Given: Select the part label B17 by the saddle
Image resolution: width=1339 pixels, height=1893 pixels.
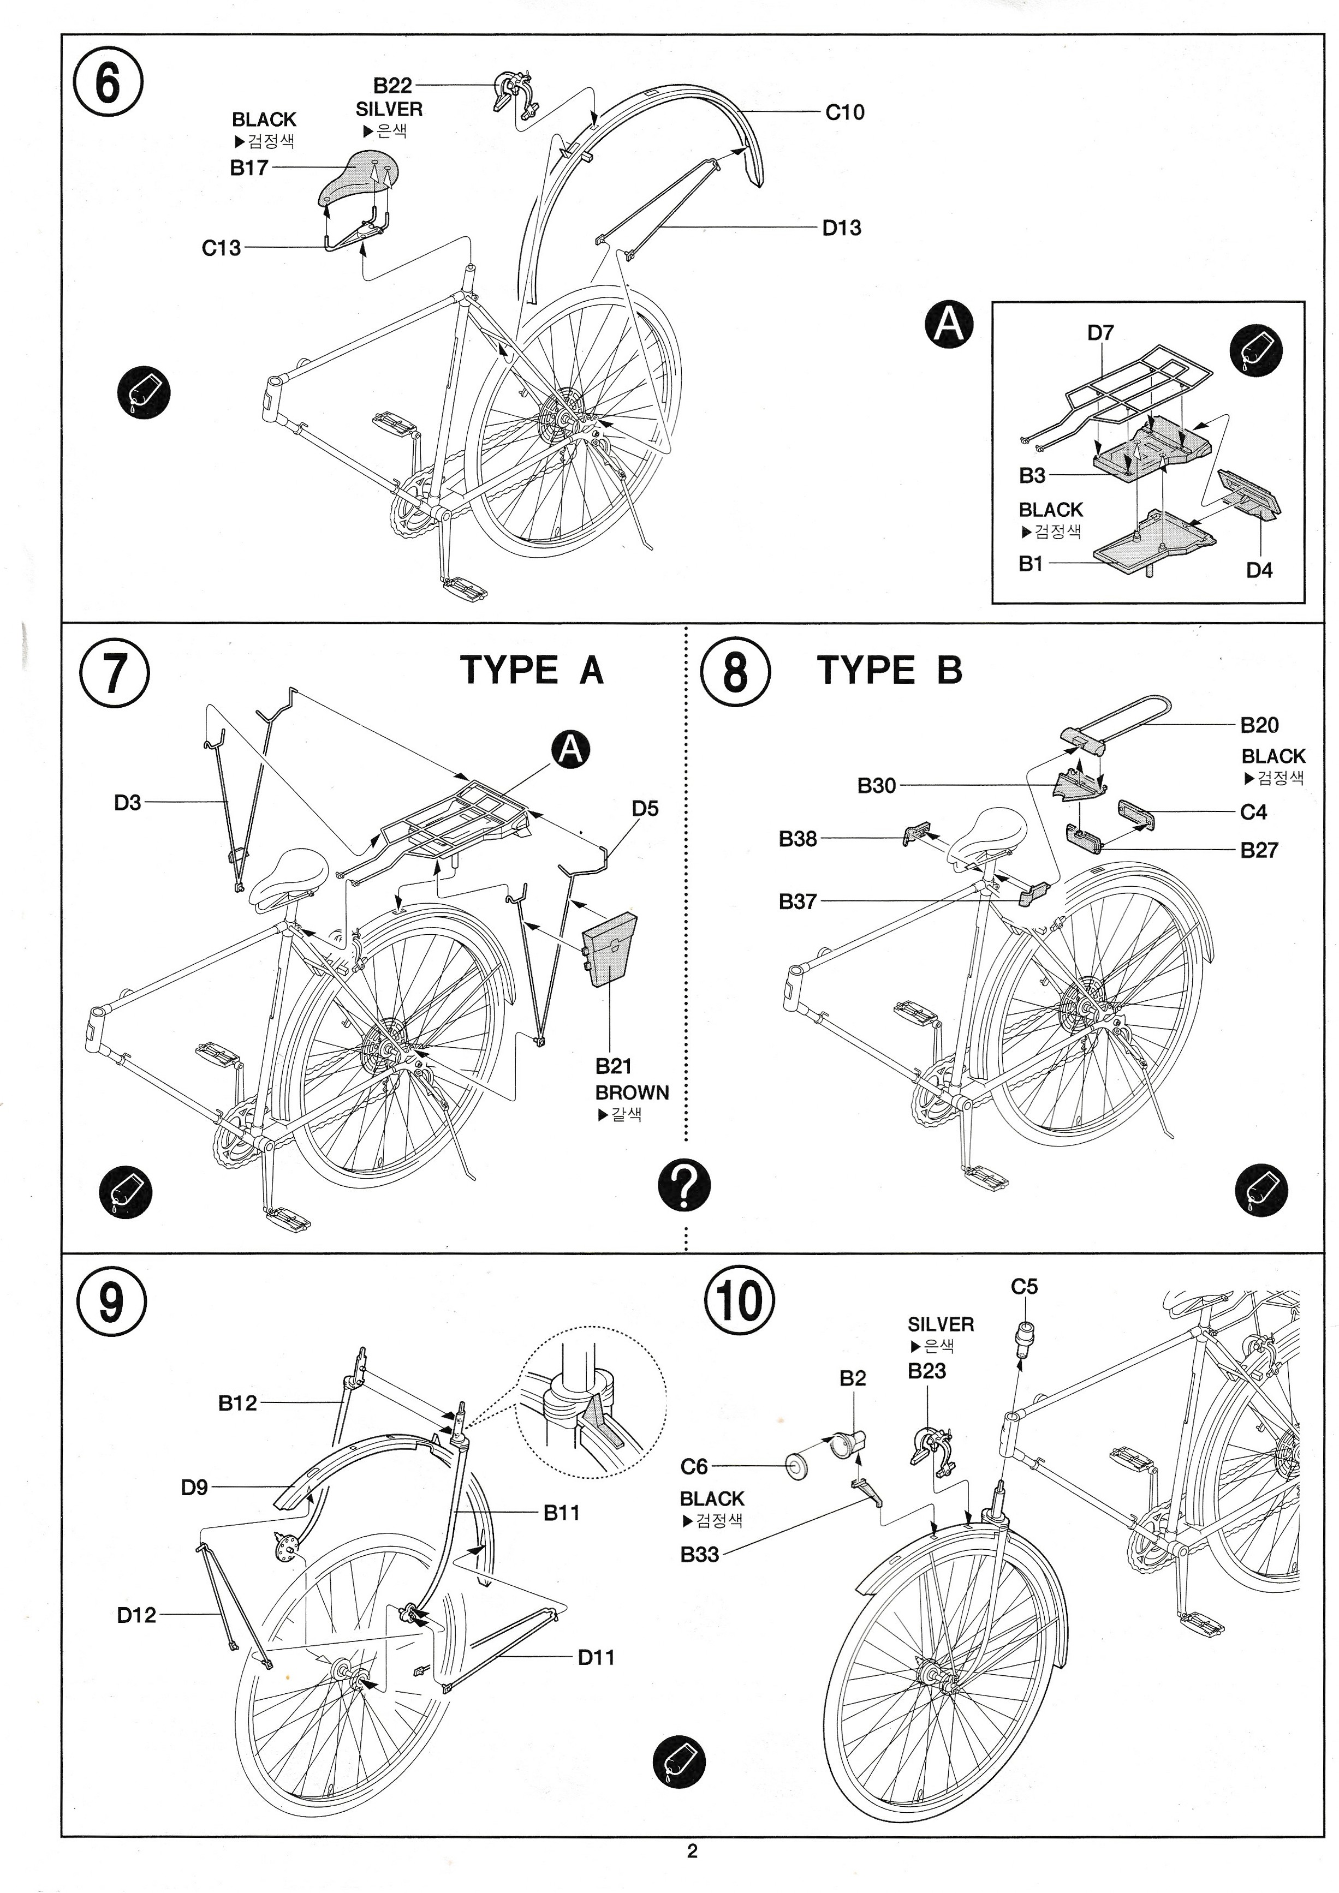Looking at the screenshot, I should (x=249, y=168).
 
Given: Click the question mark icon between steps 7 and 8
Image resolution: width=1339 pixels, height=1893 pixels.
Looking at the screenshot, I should (x=683, y=1185).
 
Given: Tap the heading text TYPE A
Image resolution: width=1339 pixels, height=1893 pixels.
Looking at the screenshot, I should (x=532, y=670).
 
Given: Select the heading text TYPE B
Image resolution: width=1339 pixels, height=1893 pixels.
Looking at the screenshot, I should (x=890, y=670).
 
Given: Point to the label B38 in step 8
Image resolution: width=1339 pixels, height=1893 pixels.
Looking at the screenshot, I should (x=798, y=839).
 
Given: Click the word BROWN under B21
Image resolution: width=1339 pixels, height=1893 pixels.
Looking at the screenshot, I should (x=632, y=1092).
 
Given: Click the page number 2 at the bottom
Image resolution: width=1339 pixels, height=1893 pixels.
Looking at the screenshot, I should (x=692, y=1851).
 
